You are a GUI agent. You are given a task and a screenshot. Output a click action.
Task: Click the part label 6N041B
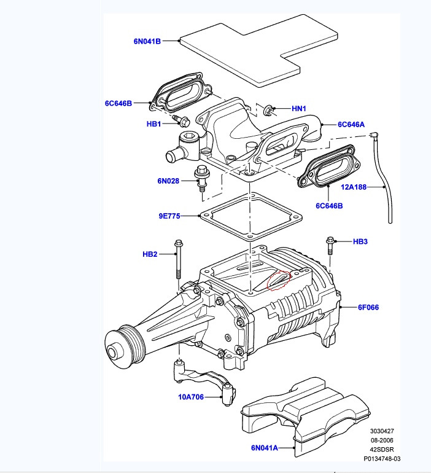pyautogui.click(x=147, y=42)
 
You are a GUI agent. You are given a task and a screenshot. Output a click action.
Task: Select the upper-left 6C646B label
pyautogui.click(x=118, y=103)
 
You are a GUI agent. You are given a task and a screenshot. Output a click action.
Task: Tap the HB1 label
pyautogui.click(x=153, y=123)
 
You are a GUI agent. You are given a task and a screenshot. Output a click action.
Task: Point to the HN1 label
pyautogui.click(x=298, y=109)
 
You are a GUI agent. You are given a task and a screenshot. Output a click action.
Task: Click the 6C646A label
pyautogui.click(x=351, y=124)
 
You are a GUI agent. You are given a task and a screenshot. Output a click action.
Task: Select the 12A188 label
pyautogui.click(x=354, y=187)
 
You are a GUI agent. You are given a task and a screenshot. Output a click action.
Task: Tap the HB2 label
pyautogui.click(x=150, y=254)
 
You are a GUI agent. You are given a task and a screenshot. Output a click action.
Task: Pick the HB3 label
pyautogui.click(x=360, y=241)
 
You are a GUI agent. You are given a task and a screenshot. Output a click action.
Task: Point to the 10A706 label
pyautogui.click(x=192, y=397)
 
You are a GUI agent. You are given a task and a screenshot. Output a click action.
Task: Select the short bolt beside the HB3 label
pyautogui.click(x=330, y=246)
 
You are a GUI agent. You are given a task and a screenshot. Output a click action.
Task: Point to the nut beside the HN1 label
pyautogui.click(x=268, y=111)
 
